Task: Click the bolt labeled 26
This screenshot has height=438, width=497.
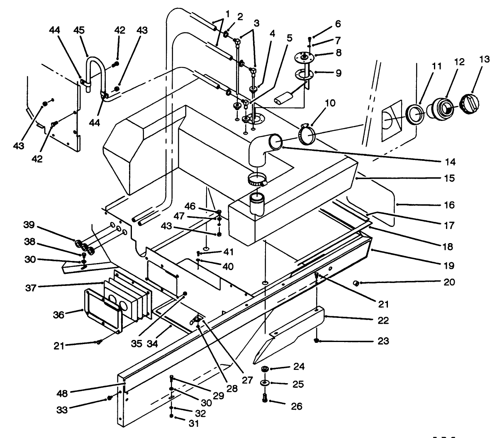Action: [x=265, y=398]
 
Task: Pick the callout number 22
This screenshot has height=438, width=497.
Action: [x=383, y=320]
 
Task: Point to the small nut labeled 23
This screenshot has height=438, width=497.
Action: [x=317, y=341]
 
